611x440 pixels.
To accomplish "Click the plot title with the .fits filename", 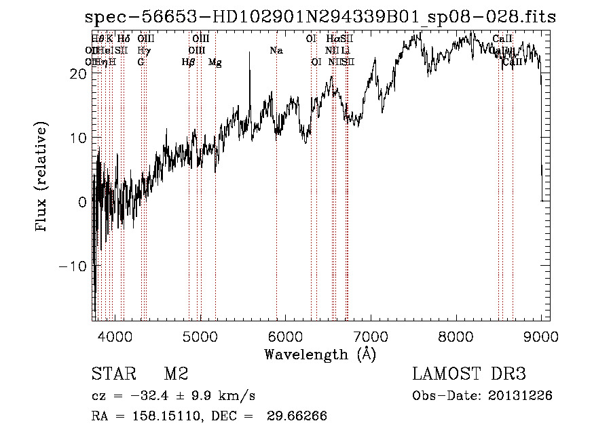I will (x=320, y=18).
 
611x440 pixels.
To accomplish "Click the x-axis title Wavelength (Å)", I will (x=320, y=354).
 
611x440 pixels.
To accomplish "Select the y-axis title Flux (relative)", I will (x=42, y=178).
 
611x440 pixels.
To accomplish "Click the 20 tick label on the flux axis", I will (x=78, y=74).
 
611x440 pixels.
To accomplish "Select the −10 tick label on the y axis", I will (x=74, y=266).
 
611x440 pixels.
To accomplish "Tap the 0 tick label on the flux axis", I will (x=82, y=202).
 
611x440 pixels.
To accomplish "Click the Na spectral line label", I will (x=276, y=50).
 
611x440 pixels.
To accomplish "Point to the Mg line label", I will (x=215, y=62).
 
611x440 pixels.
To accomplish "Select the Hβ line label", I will (x=188, y=62).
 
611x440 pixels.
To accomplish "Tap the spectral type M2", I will (x=175, y=374).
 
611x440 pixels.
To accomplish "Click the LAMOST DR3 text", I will (x=469, y=374).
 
